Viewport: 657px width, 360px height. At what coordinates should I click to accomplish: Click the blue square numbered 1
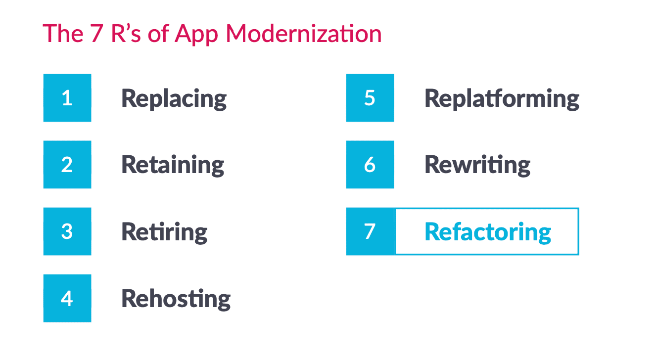(67, 97)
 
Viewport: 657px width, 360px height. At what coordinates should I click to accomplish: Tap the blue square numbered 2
(67, 165)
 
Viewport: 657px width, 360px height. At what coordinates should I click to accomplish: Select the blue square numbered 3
(67, 231)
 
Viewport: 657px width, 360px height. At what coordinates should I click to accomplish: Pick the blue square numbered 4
(67, 298)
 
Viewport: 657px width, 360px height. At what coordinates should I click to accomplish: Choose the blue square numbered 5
(370, 97)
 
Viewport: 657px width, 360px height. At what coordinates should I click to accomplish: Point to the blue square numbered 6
(370, 165)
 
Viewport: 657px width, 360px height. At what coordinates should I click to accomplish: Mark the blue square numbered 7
(370, 231)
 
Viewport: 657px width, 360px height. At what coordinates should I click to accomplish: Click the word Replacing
(174, 99)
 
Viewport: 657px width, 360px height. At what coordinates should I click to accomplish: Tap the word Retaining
(173, 166)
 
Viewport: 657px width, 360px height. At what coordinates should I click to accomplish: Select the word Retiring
(164, 232)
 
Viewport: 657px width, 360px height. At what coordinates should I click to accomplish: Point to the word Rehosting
(176, 299)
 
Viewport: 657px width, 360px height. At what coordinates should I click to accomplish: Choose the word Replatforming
(502, 99)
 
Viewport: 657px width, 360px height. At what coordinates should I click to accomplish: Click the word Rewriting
(477, 166)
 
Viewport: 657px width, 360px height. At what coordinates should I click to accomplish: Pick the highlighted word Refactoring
(488, 232)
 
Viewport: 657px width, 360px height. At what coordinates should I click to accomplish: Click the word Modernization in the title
(304, 34)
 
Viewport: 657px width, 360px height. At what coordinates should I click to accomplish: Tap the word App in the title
(196, 35)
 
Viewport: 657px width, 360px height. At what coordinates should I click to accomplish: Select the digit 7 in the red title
(96, 34)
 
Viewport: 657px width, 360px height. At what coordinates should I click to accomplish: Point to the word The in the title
(63, 34)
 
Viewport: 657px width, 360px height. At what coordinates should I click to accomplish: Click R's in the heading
(126, 34)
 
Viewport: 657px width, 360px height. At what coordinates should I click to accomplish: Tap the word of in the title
(158, 34)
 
